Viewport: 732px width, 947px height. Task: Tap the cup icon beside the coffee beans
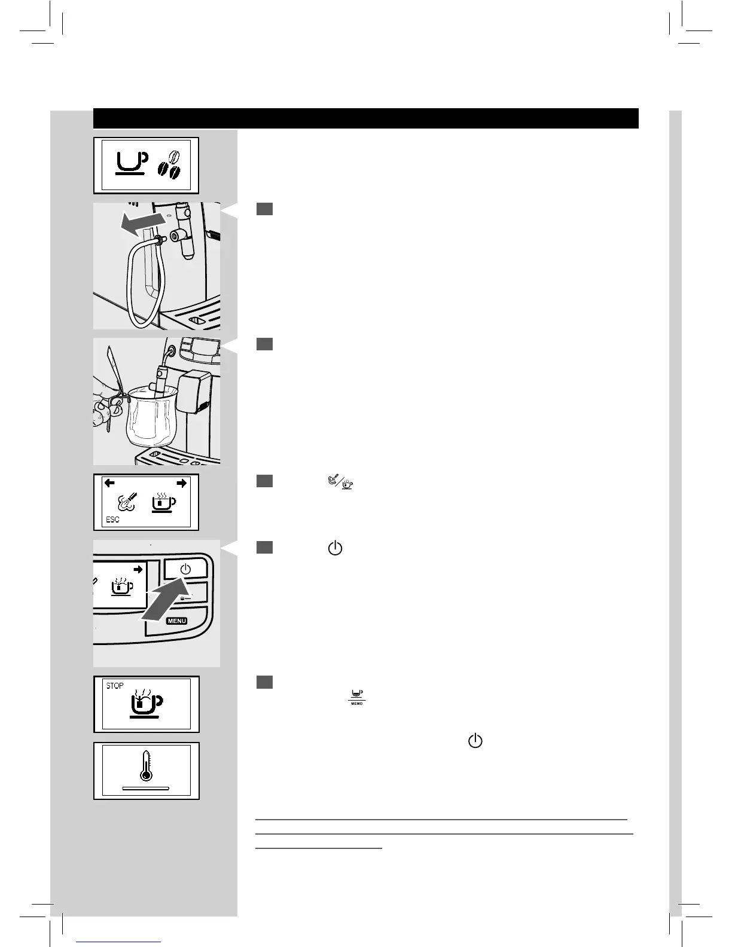click(x=131, y=163)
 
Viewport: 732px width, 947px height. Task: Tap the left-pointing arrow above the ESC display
click(x=109, y=483)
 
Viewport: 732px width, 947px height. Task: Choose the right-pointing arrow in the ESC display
click(x=181, y=483)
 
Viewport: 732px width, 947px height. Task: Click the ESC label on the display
click(x=112, y=520)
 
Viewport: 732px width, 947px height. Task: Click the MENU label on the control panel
click(x=177, y=621)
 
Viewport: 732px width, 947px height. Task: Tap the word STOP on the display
click(x=115, y=686)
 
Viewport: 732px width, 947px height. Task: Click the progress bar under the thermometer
click(x=145, y=789)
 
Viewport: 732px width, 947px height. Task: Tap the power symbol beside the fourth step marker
click(x=335, y=548)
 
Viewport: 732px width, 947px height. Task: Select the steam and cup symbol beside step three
click(x=341, y=482)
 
